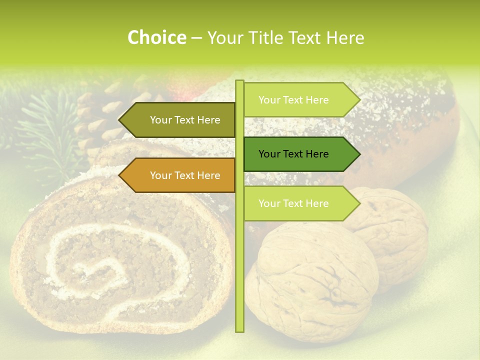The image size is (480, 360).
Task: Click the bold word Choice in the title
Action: [x=156, y=37]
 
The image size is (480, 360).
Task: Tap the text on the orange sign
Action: [x=185, y=175]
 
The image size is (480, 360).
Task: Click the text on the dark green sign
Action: [x=293, y=154]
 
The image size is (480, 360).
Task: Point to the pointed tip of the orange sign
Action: [x=120, y=175]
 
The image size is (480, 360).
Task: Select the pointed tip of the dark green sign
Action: [x=359, y=154]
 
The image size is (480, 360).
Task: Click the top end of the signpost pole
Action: [x=239, y=82]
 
